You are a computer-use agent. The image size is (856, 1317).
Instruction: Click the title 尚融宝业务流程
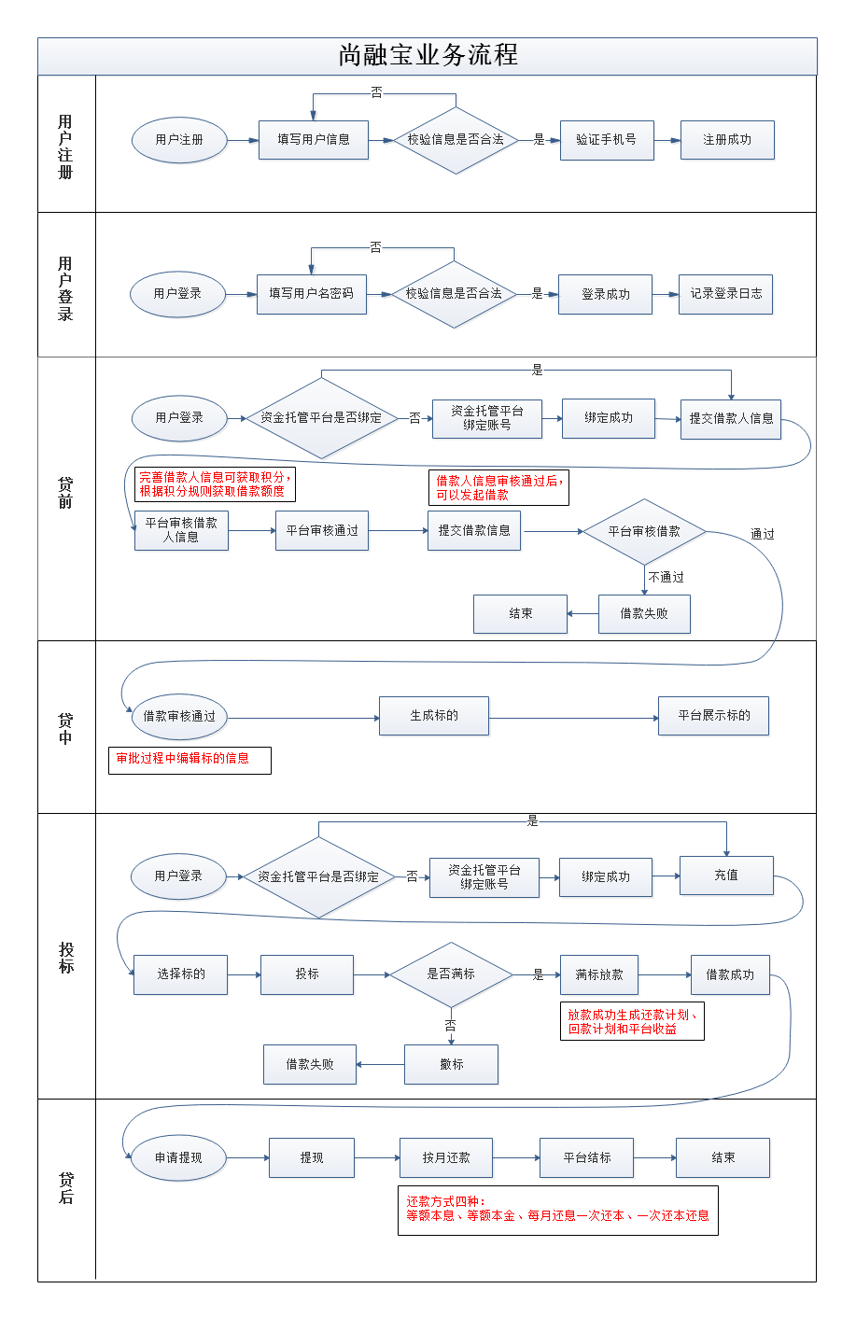click(x=428, y=55)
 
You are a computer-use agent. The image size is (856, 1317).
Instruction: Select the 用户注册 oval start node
click(x=179, y=140)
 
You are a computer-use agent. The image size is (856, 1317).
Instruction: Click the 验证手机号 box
click(x=606, y=140)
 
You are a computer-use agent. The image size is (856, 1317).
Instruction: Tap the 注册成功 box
click(x=726, y=140)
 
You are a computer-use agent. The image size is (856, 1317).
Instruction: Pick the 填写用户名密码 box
click(x=311, y=294)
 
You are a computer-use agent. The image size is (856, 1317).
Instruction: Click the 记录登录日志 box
click(x=725, y=294)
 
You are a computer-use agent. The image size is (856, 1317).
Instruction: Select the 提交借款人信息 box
click(x=730, y=419)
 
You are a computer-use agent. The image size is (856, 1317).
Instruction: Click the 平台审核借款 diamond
click(x=644, y=532)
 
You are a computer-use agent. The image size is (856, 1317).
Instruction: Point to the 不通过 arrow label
click(x=667, y=578)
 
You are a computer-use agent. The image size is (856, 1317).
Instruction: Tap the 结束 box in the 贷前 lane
click(x=520, y=614)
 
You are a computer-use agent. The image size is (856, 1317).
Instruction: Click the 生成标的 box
click(x=434, y=716)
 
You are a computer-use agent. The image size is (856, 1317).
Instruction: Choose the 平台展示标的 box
click(x=713, y=716)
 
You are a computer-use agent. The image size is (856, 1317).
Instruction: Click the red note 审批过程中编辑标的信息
click(x=189, y=760)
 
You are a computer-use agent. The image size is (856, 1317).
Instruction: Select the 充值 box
click(x=726, y=876)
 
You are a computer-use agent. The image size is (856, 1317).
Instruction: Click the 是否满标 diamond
click(x=451, y=974)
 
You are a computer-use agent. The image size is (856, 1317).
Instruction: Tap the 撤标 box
click(x=451, y=1064)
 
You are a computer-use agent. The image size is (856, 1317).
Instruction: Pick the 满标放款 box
click(x=598, y=975)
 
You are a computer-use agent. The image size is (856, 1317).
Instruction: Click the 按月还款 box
click(x=445, y=1158)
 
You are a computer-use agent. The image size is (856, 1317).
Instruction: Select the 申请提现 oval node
click(x=178, y=1158)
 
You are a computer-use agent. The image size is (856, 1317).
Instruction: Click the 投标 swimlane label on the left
click(x=66, y=958)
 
